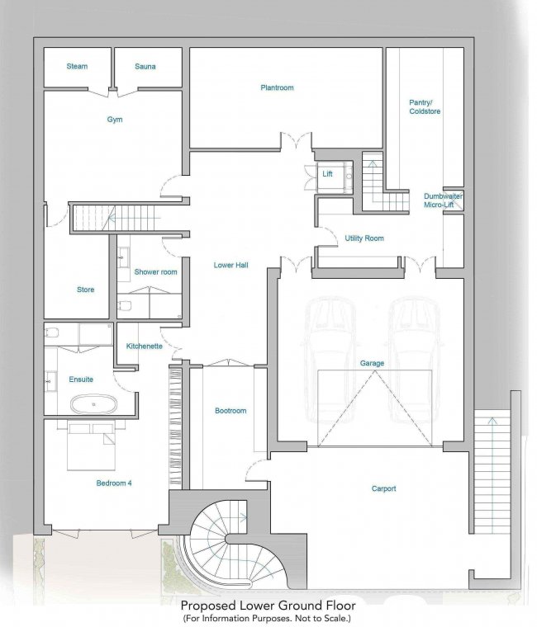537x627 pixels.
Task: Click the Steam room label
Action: (77, 66)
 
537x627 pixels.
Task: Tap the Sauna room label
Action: (145, 66)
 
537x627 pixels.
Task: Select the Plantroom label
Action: (277, 87)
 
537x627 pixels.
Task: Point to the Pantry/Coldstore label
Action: (425, 107)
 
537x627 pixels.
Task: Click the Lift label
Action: (327, 174)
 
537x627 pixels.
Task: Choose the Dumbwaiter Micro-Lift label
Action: (443, 200)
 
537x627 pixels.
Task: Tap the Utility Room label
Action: (364, 238)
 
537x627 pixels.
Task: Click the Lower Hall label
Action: (230, 265)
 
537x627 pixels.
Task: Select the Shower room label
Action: (155, 272)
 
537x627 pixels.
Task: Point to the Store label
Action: (85, 290)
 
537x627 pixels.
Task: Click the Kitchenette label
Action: (144, 346)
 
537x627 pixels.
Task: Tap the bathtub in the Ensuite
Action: (93, 404)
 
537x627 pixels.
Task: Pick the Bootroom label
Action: (230, 411)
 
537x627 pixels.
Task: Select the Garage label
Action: (372, 363)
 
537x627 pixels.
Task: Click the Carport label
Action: (383, 488)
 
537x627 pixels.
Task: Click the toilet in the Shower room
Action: (125, 306)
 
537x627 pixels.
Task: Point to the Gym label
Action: (115, 120)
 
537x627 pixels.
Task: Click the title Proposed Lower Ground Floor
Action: (268, 605)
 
